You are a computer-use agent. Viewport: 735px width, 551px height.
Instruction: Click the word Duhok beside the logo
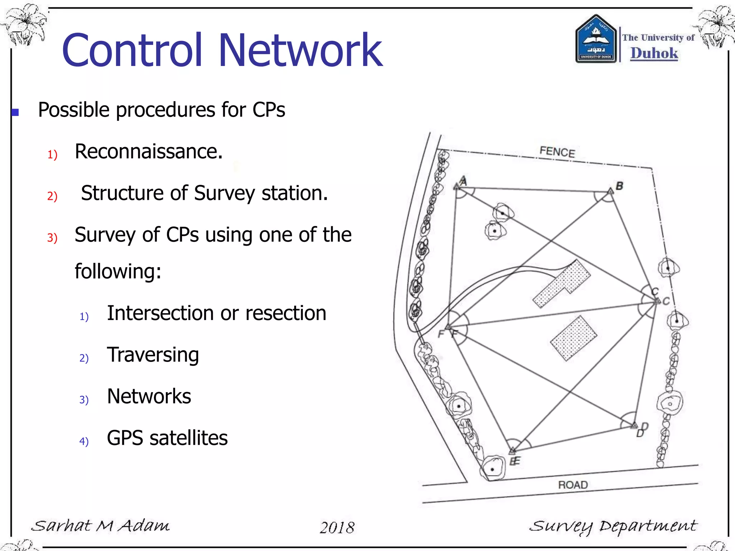[654, 53]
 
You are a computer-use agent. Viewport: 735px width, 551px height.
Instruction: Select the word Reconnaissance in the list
[148, 152]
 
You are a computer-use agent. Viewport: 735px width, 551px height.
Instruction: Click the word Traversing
[153, 355]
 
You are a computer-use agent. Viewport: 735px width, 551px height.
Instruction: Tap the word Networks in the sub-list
[149, 397]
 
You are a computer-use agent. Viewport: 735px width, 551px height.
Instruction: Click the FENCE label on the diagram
[557, 152]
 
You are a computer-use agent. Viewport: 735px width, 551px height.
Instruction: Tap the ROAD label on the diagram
[573, 485]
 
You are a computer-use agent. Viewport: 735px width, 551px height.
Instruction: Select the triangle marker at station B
[610, 191]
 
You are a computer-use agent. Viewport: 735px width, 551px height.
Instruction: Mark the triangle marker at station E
[512, 450]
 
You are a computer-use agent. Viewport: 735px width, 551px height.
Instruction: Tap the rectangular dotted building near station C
[574, 338]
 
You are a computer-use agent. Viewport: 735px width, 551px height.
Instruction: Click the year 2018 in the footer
[337, 528]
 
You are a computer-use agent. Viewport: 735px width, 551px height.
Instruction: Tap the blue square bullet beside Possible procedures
[15, 113]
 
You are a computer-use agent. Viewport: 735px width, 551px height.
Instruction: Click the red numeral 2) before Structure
[52, 196]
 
